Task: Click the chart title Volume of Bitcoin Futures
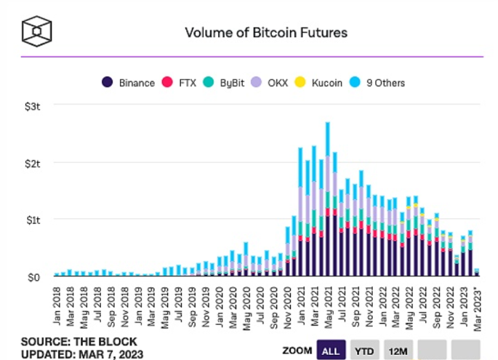265,32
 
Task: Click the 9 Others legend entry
378,82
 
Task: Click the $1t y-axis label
33,220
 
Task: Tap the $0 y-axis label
35,276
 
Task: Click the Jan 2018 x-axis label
57,304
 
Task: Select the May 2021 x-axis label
328,304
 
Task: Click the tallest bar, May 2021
328,196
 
